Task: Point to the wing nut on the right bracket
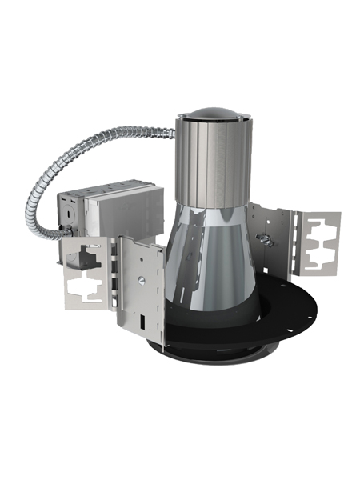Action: click(x=262, y=239)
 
